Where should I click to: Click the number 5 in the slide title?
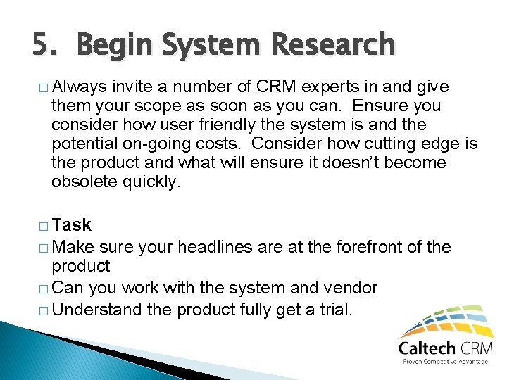(x=40, y=44)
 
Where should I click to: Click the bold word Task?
(x=72, y=225)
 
